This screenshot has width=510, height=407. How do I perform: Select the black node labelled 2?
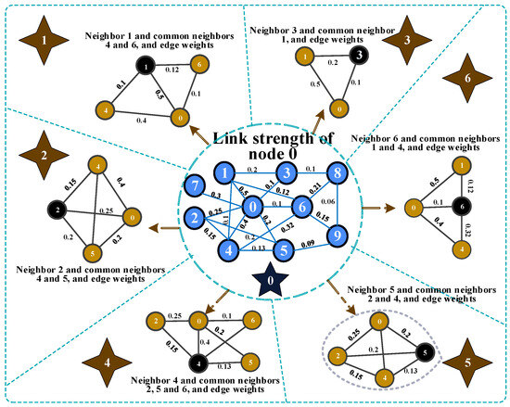(57, 210)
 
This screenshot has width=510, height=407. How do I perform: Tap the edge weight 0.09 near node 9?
(307, 243)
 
